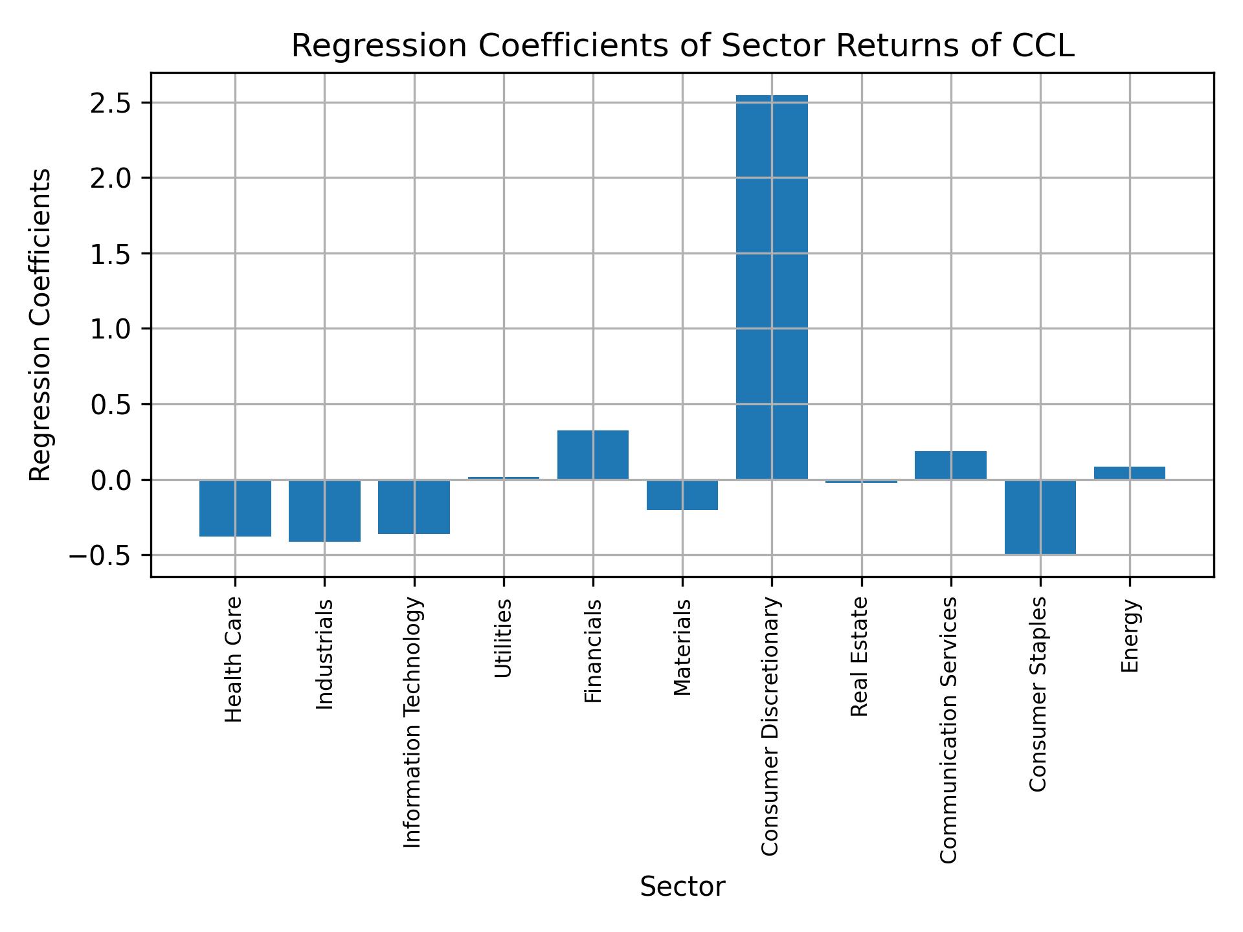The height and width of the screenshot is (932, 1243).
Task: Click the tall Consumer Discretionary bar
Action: click(x=772, y=288)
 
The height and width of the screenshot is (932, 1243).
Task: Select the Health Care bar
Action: click(x=235, y=508)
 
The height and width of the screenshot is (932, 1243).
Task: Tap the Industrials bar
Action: click(x=324, y=511)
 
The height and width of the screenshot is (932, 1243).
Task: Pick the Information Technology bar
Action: click(x=414, y=507)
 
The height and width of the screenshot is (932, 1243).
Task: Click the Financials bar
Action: click(x=593, y=455)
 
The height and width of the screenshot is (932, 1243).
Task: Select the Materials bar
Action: click(x=682, y=495)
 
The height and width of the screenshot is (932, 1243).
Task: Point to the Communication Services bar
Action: click(x=950, y=465)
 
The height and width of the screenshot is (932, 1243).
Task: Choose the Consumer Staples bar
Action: click(x=1040, y=516)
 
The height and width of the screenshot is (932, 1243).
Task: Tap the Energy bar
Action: click(x=1130, y=473)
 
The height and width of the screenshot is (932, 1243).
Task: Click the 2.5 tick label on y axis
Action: click(x=111, y=104)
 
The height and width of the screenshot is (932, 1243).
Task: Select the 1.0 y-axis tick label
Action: click(x=111, y=329)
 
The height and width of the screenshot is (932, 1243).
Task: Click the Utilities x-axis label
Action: click(x=504, y=638)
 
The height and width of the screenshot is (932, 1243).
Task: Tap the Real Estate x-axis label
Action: click(x=859, y=656)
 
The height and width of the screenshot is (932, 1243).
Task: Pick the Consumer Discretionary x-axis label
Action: click(x=770, y=726)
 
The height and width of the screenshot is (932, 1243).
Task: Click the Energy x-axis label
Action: click(x=1130, y=636)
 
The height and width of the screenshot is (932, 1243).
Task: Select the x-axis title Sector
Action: click(x=682, y=887)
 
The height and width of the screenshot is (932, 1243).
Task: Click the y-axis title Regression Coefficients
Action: click(x=41, y=325)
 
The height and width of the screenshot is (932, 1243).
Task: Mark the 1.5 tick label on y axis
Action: click(x=111, y=254)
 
